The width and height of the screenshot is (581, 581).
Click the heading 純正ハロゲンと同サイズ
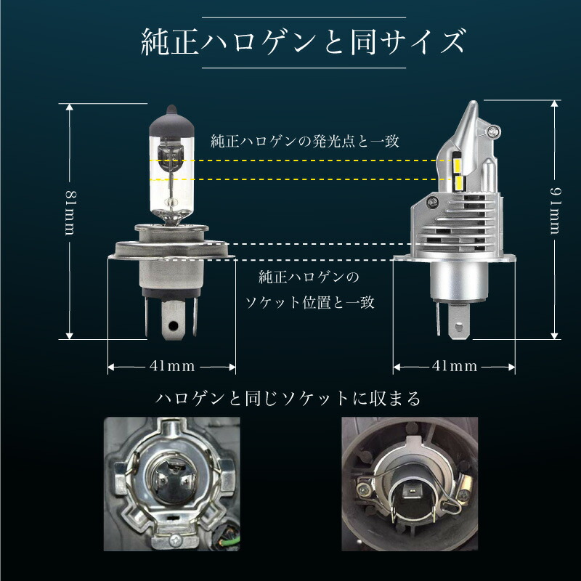point(301,42)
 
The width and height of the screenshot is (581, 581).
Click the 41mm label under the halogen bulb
point(172,366)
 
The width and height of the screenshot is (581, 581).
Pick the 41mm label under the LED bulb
point(454,366)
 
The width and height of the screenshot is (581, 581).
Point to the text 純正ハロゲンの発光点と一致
point(305,141)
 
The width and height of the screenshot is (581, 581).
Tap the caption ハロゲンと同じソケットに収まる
point(289,399)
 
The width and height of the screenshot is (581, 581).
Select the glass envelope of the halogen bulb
point(171,182)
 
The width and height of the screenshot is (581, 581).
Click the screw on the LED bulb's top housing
point(496,132)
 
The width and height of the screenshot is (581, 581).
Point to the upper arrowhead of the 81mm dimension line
point(70,107)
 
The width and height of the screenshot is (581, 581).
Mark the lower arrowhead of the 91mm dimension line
point(555,335)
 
